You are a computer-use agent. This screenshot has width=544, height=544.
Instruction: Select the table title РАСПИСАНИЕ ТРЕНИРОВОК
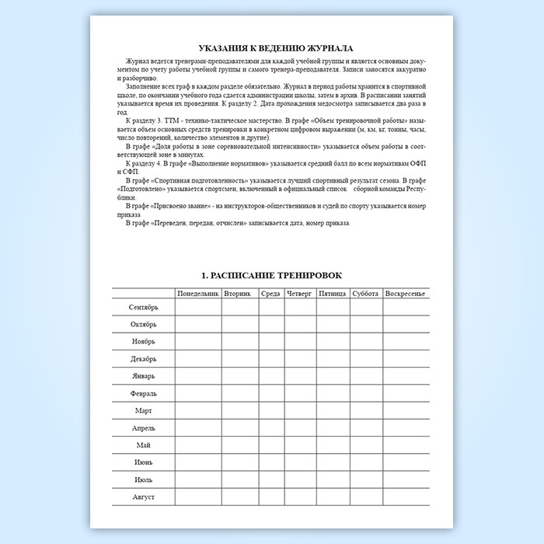coord(271,276)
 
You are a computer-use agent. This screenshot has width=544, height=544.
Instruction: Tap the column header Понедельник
coord(198,294)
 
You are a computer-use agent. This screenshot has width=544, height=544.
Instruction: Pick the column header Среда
coord(270,294)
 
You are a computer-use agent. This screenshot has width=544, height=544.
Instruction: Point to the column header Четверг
coord(299,294)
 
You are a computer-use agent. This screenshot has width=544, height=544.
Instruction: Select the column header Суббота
coord(365,294)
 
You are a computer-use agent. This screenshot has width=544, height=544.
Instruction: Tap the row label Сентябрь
coord(143,308)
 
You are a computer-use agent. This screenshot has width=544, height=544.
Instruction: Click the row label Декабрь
coord(143,359)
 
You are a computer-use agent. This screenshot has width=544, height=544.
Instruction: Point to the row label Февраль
coord(143,393)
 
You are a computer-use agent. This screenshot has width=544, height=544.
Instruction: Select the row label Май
coord(143,445)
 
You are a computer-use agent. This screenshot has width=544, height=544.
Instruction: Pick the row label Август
coord(143,496)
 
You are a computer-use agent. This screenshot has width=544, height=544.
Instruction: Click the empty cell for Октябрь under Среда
coord(270,325)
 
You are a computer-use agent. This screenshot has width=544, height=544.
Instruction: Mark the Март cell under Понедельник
coord(198,410)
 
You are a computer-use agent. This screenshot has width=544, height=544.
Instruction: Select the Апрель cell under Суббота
coord(365,427)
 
